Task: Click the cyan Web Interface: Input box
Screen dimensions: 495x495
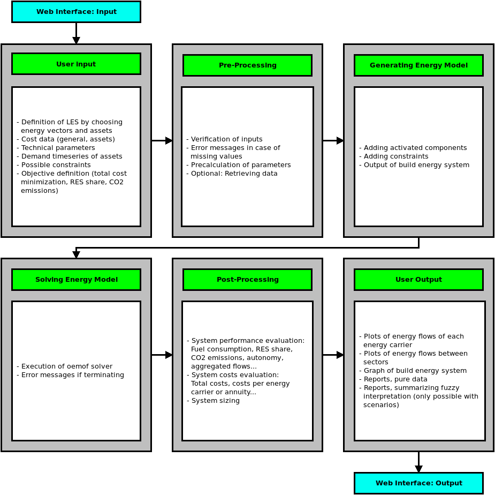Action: [76, 12]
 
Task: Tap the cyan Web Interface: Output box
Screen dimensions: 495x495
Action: [418, 483]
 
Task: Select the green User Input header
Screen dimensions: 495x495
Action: [76, 64]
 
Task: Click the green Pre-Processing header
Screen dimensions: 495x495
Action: [247, 65]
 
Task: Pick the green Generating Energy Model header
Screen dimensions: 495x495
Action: [418, 65]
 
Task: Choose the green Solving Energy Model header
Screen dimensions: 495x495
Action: [76, 280]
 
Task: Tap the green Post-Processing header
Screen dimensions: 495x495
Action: [247, 280]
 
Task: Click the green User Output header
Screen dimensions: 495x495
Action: [418, 280]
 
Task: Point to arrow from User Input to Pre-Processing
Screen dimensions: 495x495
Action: [162, 140]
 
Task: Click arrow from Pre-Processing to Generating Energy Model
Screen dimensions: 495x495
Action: [333, 140]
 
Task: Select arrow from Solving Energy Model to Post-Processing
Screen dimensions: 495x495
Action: [162, 355]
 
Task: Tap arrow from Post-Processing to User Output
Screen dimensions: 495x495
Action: [333, 355]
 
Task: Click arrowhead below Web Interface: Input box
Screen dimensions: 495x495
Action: [76, 40]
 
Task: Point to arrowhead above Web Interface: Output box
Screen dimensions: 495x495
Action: [418, 469]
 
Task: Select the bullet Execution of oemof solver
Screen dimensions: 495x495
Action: [66, 366]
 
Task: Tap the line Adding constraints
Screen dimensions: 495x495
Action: [393, 156]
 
